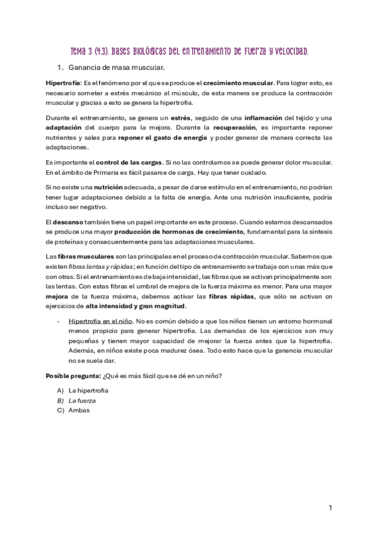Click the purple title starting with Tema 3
(189, 50)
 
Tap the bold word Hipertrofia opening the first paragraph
(62, 83)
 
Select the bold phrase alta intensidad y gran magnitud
(136, 306)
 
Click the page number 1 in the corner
(330, 508)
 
